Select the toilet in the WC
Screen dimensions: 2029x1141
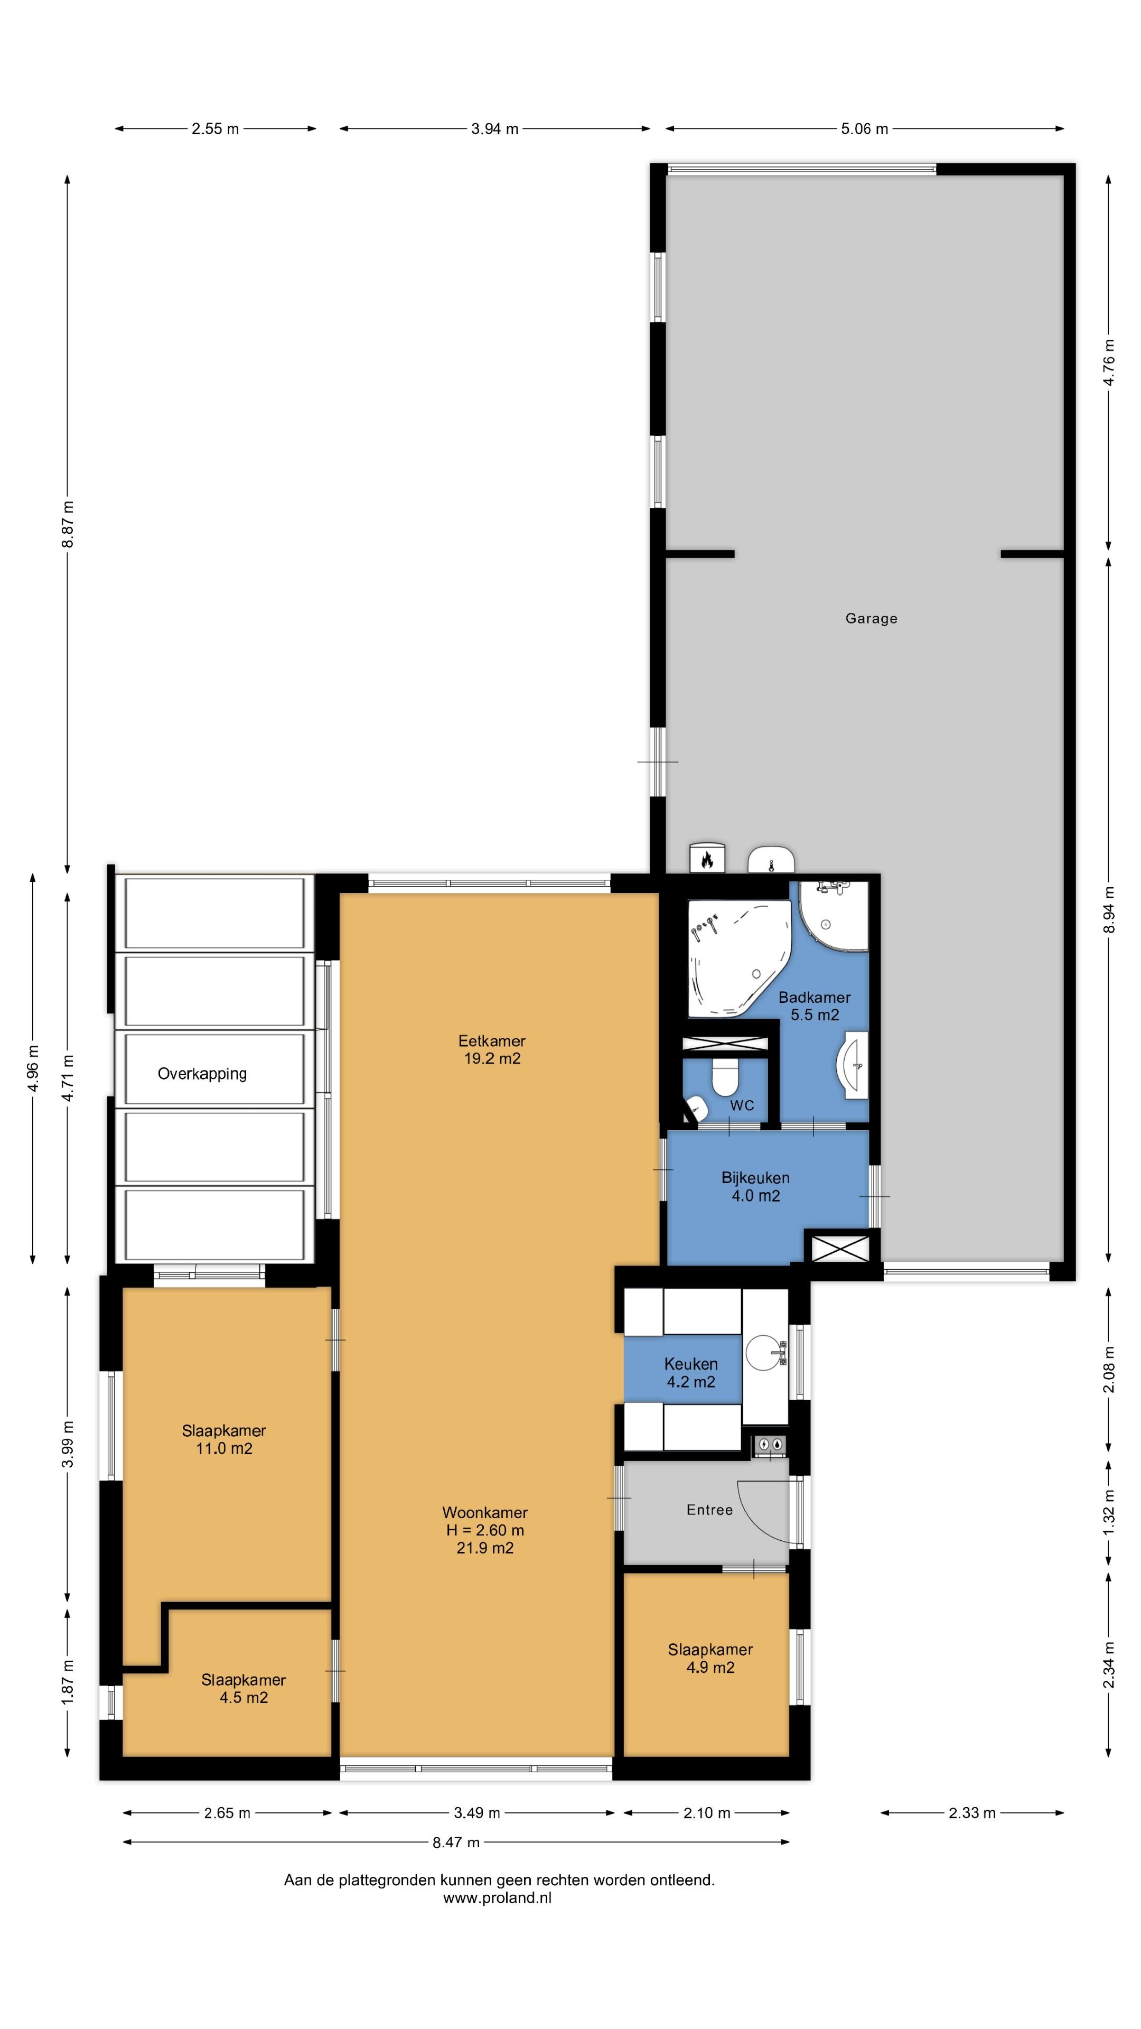pyautogui.click(x=724, y=1076)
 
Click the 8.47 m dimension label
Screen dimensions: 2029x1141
pyautogui.click(x=455, y=1842)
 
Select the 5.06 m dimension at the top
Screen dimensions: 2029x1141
pyautogui.click(x=864, y=129)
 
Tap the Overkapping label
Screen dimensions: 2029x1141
pyautogui.click(x=202, y=1074)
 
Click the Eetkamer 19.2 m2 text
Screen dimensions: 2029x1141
pyautogui.click(x=492, y=1049)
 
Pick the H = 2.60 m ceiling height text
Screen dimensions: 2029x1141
pyautogui.click(x=484, y=1530)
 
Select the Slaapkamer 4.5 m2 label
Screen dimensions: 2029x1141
pyautogui.click(x=244, y=1688)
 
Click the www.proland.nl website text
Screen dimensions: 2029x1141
pyautogui.click(x=497, y=1898)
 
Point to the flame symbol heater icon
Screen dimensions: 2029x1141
pyautogui.click(x=706, y=859)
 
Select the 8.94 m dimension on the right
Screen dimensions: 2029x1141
pyautogui.click(x=1109, y=910)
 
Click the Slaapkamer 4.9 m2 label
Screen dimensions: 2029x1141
pyautogui.click(x=710, y=1658)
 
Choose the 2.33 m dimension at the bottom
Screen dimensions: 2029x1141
pyautogui.click(x=972, y=1812)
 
